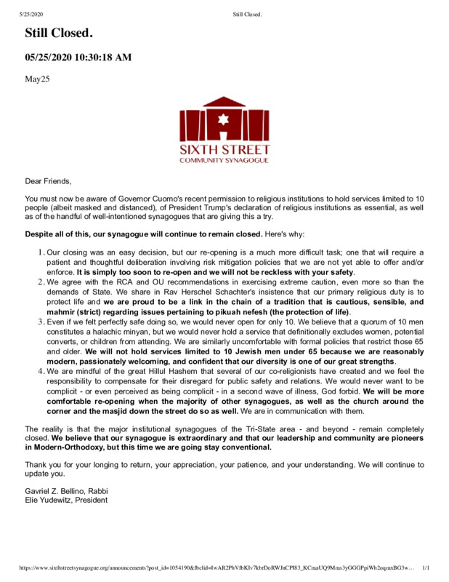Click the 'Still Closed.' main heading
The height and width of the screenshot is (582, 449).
click(59, 33)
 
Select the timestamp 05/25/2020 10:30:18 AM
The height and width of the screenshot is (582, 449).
click(78, 57)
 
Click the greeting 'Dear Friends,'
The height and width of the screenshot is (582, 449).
click(48, 181)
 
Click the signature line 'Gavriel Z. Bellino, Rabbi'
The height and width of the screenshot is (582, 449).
click(66, 491)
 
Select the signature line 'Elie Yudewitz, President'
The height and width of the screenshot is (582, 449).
click(66, 501)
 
